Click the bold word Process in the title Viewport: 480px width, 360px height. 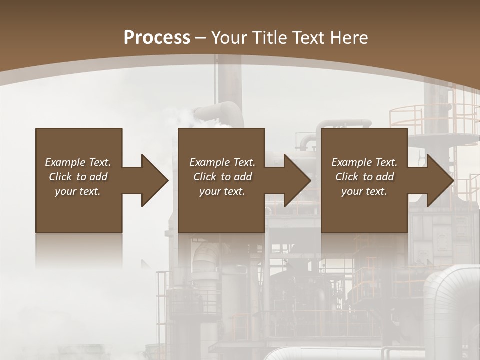157,37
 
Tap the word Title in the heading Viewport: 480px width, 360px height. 269,37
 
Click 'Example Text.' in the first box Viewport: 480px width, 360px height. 78,162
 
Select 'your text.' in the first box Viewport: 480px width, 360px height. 78,191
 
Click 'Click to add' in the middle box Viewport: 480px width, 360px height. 222,177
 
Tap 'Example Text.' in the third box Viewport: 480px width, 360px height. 364,162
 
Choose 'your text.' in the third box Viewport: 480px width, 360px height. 364,191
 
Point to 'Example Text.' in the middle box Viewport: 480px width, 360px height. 222,162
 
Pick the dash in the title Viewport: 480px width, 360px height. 201,37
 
